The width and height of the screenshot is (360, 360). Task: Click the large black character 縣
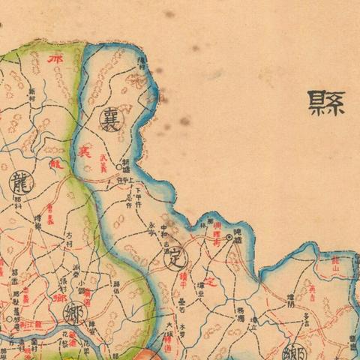pos(327,102)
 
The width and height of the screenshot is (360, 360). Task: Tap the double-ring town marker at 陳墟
pos(229,237)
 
